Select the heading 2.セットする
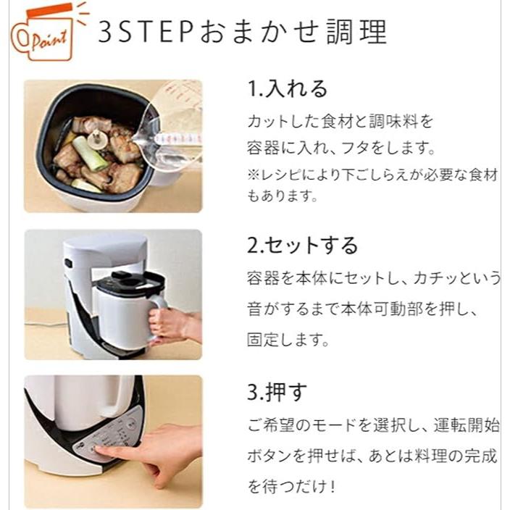click(x=303, y=245)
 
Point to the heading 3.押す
click(x=277, y=392)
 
